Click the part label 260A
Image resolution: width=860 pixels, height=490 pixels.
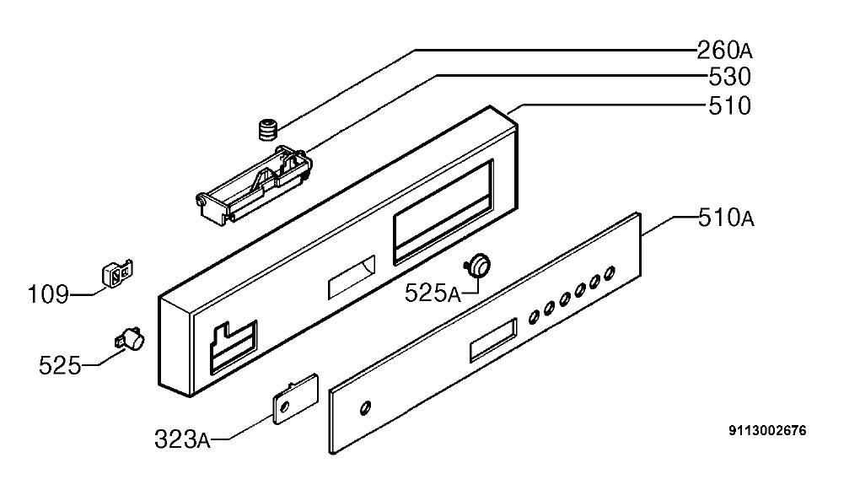pos(724,51)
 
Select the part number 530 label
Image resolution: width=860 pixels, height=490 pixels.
pos(729,77)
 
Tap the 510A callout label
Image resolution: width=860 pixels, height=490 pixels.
pos(726,218)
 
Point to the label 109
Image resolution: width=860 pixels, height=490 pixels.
pos(48,294)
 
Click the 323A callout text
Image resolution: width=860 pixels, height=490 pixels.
pos(182,439)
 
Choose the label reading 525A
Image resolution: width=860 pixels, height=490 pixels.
pos(433,293)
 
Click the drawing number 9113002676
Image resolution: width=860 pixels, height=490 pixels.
pos(768,431)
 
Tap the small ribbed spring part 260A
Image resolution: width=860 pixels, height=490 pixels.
pos(267,130)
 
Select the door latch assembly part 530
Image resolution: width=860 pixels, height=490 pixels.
pos(255,184)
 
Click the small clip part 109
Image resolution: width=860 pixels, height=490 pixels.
pos(118,272)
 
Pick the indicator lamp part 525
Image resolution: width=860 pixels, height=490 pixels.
pos(131,337)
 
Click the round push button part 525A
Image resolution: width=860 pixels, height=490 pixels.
pos(478,263)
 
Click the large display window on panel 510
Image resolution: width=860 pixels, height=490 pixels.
pos(443,211)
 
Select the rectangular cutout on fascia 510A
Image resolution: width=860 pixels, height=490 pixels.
pos(493,340)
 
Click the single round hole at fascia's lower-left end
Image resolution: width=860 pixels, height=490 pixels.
pos(365,407)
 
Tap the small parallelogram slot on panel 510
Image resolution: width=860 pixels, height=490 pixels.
pos(352,277)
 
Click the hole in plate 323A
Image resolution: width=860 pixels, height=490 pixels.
pos(283,407)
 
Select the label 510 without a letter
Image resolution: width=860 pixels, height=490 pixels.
pos(729,106)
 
